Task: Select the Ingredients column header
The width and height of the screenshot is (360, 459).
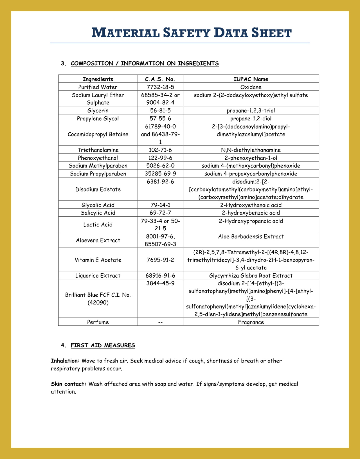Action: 98,79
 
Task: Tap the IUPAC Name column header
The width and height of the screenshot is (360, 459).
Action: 251,79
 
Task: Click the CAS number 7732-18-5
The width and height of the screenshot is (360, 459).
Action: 160,87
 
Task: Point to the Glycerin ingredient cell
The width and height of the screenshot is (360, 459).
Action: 98,111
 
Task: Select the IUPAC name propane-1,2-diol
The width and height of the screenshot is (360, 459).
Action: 251,118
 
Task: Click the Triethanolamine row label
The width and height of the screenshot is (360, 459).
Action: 98,150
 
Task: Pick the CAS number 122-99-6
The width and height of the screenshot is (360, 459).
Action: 160,158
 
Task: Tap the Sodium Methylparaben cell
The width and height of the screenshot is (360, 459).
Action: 98,166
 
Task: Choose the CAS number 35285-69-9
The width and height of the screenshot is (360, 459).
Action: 160,174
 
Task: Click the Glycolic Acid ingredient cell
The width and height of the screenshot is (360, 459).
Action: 98,205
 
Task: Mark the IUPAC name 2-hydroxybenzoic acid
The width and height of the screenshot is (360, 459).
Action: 251,213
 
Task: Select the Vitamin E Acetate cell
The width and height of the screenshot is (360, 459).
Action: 98,260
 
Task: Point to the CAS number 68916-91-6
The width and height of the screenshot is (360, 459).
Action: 160,276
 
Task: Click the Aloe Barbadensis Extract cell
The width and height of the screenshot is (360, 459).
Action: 251,237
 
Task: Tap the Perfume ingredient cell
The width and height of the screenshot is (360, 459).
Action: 98,322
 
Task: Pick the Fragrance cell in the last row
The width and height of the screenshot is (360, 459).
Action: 251,322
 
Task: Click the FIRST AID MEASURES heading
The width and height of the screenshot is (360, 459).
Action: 103,345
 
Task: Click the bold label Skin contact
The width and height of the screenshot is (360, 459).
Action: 68,384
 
